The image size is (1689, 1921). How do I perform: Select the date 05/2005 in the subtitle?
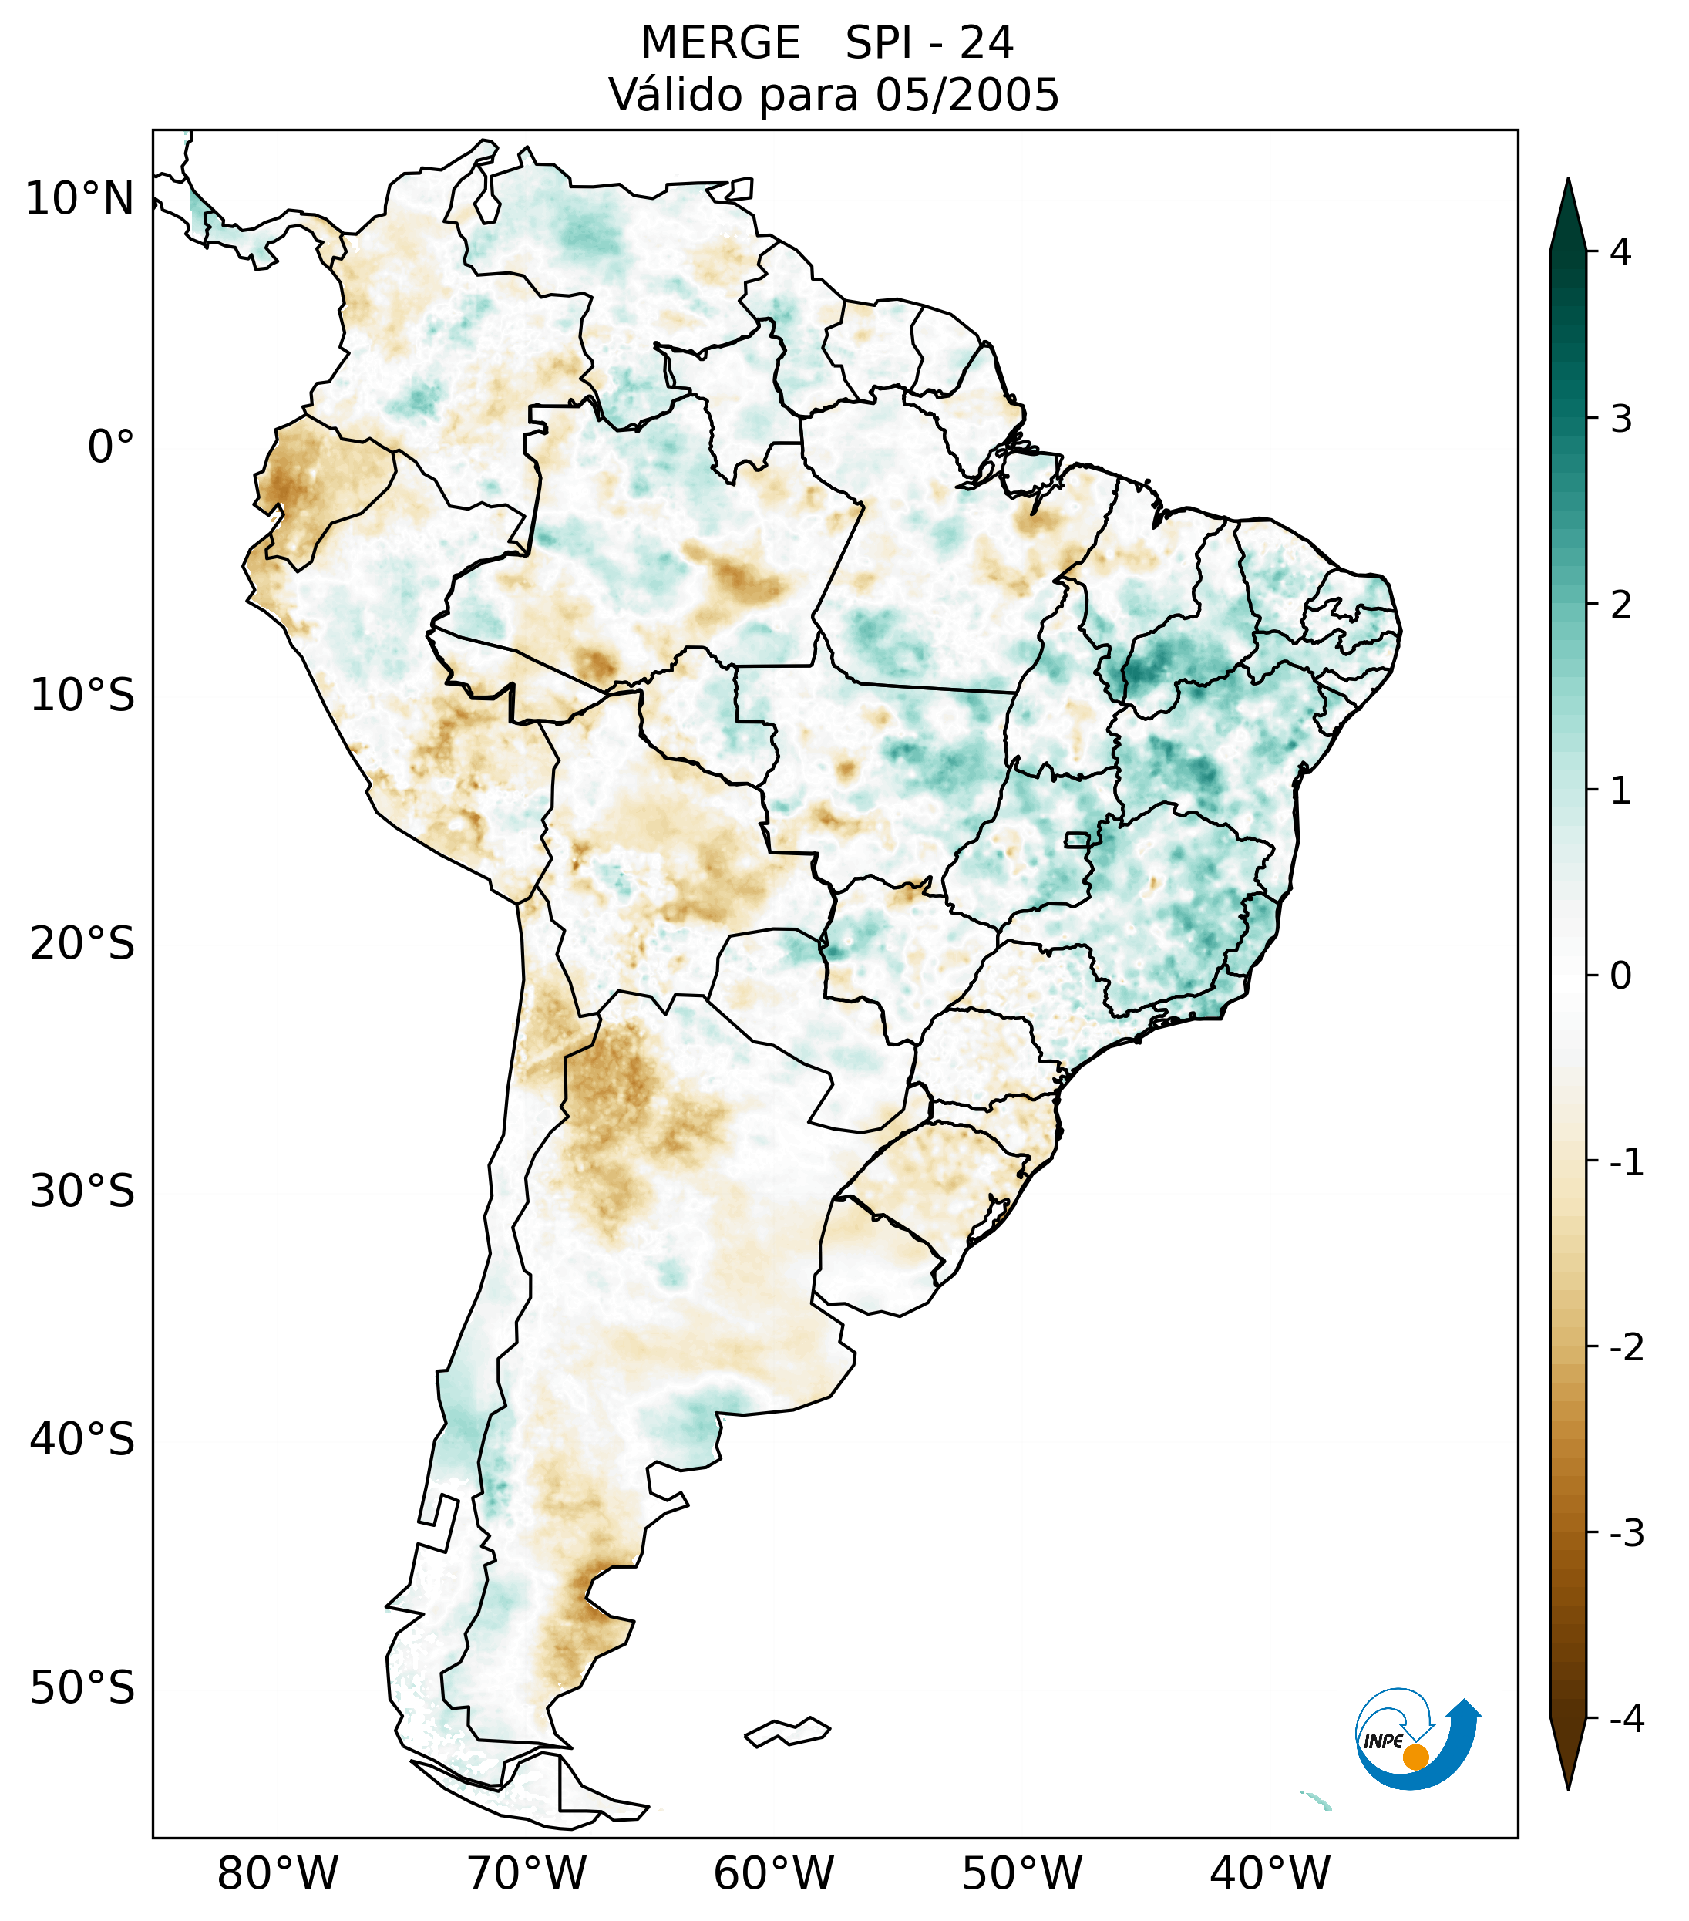click(x=967, y=95)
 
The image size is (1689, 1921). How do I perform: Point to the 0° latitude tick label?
click(x=110, y=447)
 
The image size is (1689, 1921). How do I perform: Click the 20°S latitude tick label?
click(x=82, y=942)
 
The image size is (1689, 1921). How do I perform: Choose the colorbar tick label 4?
click(x=1620, y=252)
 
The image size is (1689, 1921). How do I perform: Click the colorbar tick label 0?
click(x=1620, y=976)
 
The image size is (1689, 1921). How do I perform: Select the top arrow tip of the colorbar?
click(x=1567, y=181)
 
